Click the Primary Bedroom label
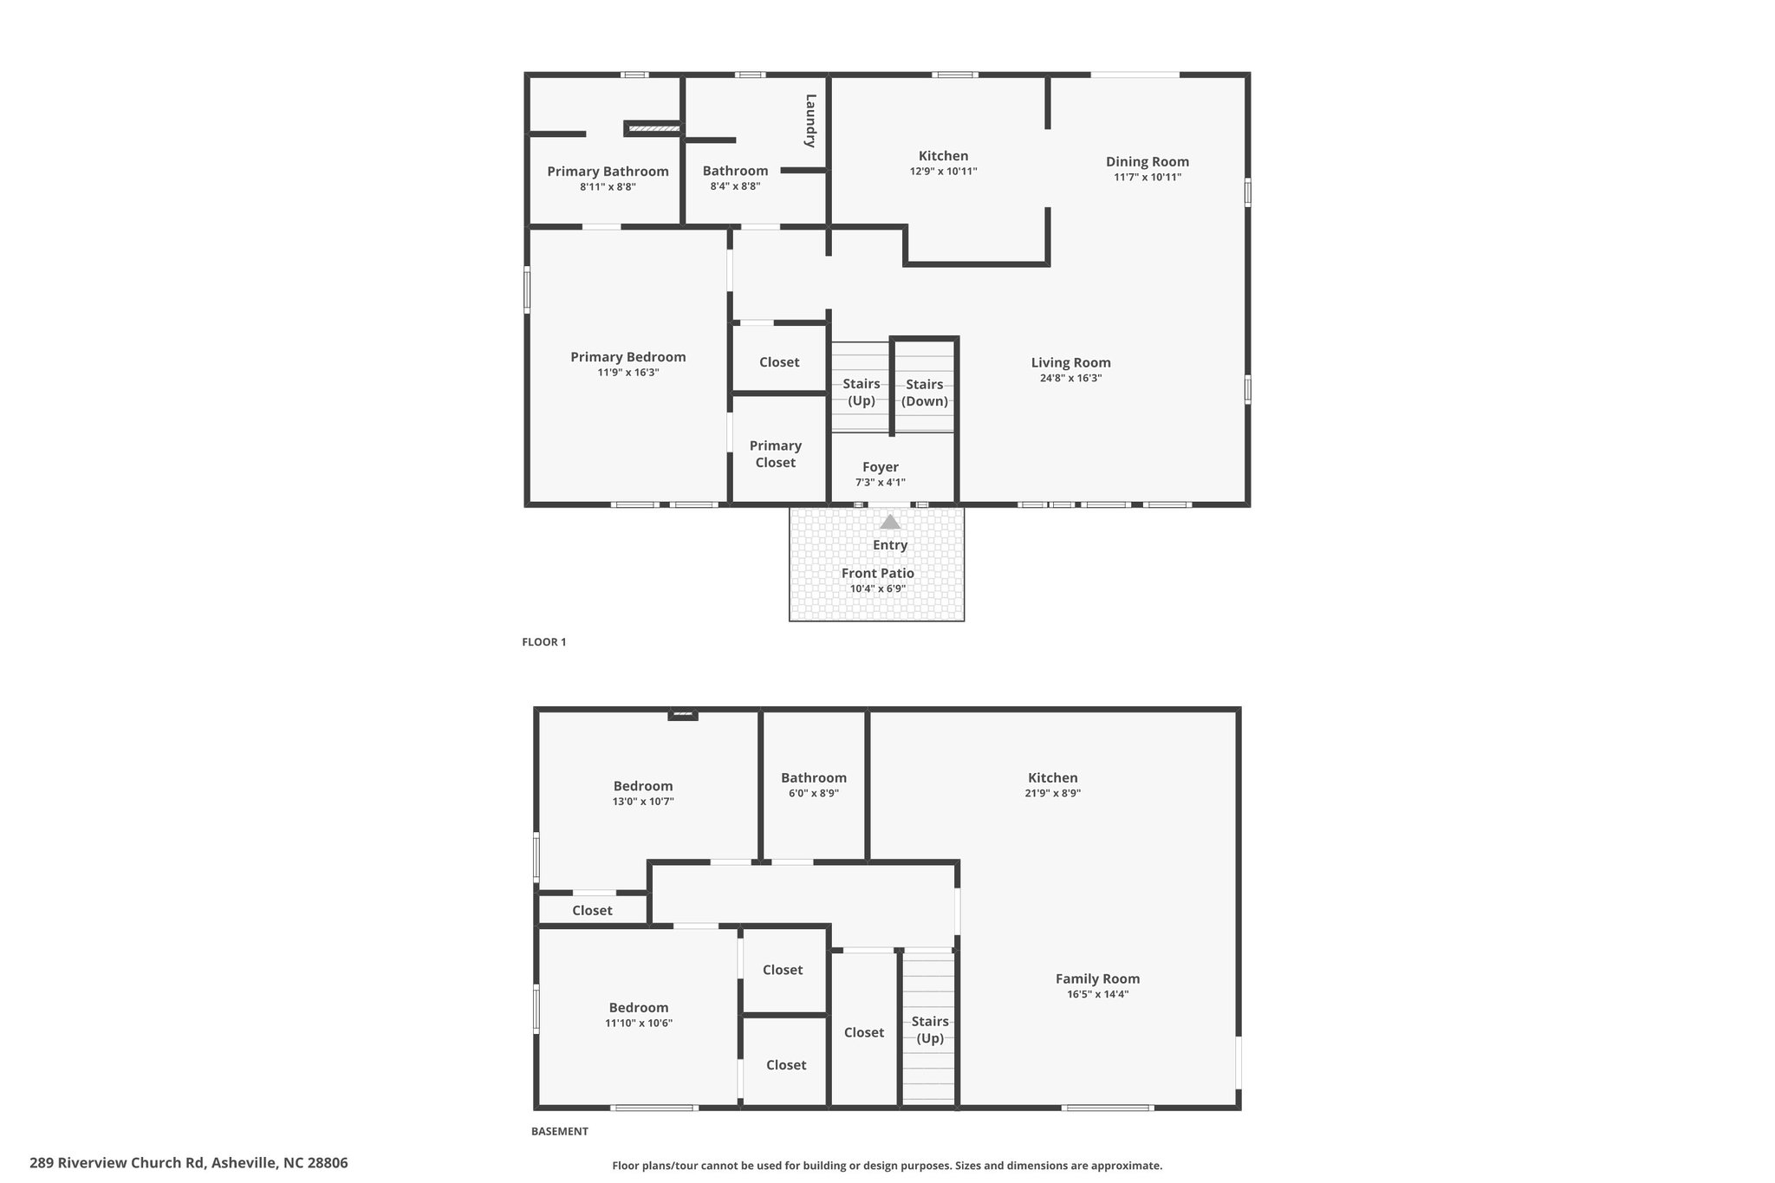[x=627, y=357]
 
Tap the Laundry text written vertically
[x=810, y=120]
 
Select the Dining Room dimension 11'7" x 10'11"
[x=1148, y=178]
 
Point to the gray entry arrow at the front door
[x=890, y=522]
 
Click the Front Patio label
[x=877, y=573]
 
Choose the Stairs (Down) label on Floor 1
[x=925, y=393]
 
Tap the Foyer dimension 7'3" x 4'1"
[x=880, y=483]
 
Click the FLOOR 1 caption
[x=543, y=642]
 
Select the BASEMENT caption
[x=559, y=1131]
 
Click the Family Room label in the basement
[x=1097, y=978]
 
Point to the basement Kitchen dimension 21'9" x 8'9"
[x=1052, y=793]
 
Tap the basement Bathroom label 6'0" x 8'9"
[x=813, y=778]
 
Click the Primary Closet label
[x=775, y=454]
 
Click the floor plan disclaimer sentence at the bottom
[x=887, y=1166]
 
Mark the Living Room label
[x=1070, y=363]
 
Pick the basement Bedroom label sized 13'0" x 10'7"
[x=642, y=787]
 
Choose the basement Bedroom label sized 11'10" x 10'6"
[x=638, y=1008]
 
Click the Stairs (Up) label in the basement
[x=929, y=1030]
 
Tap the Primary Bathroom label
[x=608, y=172]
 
